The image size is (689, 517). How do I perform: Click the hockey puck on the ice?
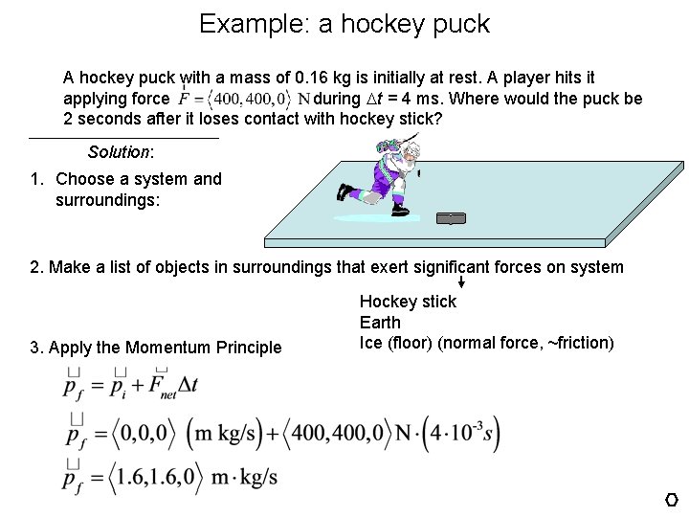[450, 219]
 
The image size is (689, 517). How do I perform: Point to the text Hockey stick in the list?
[408, 302]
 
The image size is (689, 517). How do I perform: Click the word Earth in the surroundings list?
[380, 323]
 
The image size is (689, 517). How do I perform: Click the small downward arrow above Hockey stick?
[461, 282]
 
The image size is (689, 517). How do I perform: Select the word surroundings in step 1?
[107, 201]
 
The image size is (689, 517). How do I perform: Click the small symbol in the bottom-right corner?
[672, 500]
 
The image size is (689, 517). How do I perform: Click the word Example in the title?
[249, 24]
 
